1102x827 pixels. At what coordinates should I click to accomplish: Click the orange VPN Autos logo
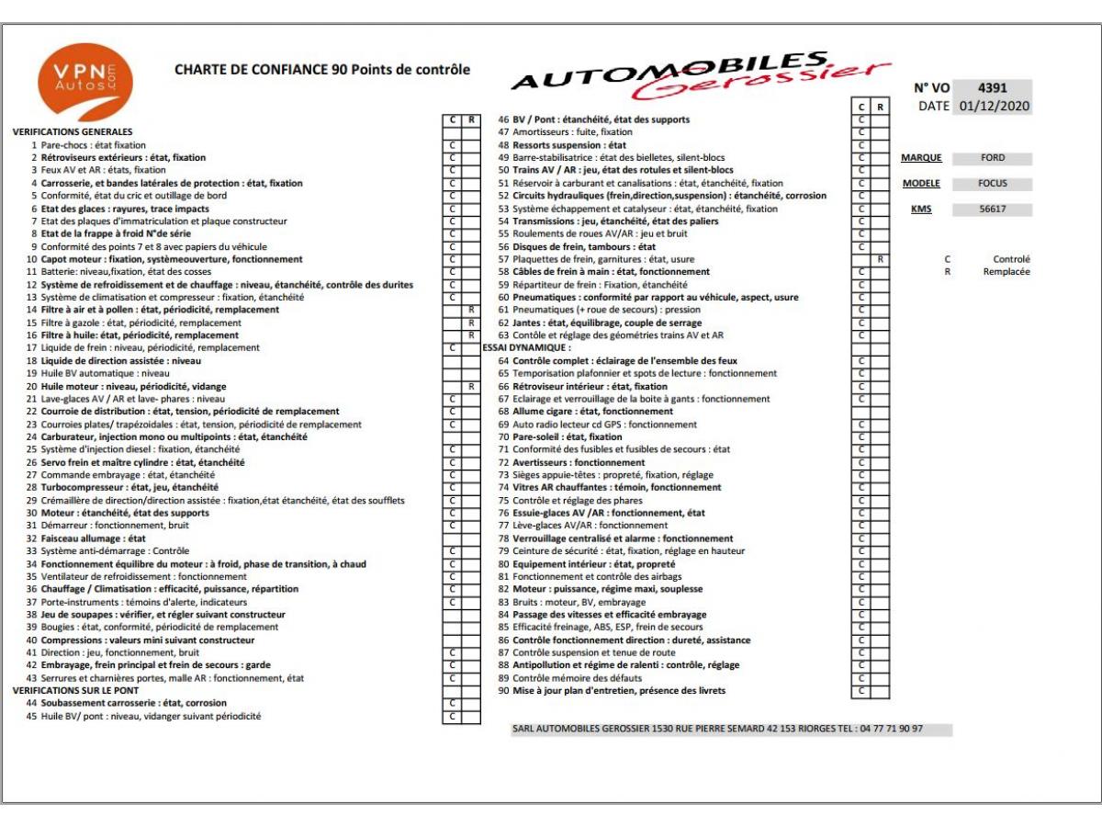(x=84, y=83)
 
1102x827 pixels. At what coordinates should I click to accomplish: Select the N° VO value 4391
(x=992, y=88)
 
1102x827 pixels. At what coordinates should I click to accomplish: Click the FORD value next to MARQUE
(x=992, y=158)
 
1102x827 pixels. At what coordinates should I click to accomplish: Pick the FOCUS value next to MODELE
(x=992, y=184)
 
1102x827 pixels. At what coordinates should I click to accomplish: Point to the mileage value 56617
(x=992, y=210)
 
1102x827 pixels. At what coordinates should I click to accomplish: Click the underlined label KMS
(x=920, y=210)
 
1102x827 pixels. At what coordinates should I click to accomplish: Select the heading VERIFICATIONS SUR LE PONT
(x=75, y=690)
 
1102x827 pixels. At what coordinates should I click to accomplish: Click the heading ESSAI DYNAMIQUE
(x=526, y=348)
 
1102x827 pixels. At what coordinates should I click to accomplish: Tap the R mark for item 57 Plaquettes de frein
(x=880, y=260)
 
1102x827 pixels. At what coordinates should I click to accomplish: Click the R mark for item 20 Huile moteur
(x=471, y=387)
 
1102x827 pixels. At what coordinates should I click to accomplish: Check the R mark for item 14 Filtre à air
(x=471, y=311)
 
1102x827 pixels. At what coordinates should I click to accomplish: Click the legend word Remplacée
(x=1012, y=272)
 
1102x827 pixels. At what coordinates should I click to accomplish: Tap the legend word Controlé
(x=1012, y=260)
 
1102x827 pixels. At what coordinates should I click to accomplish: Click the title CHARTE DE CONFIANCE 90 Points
(x=321, y=70)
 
